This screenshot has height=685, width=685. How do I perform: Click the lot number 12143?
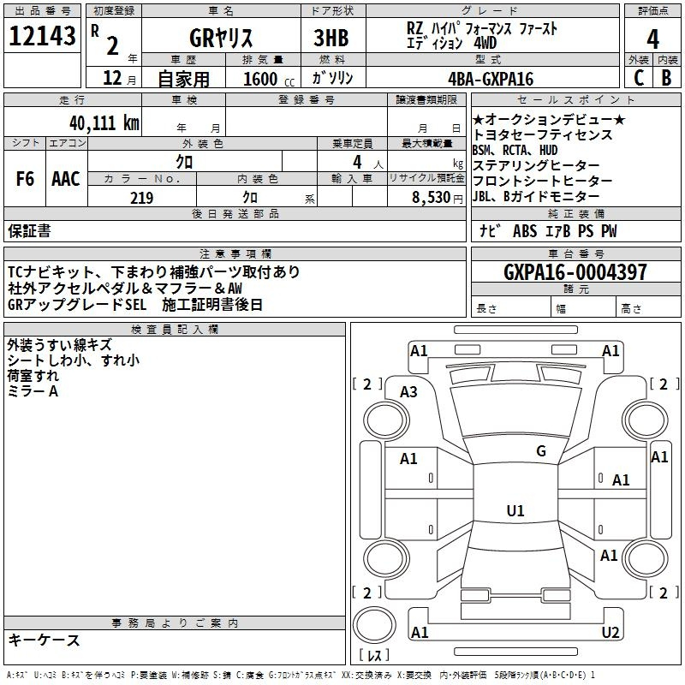click(x=42, y=36)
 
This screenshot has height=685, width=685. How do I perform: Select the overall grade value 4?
click(x=652, y=39)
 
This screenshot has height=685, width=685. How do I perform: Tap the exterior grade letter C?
click(x=639, y=78)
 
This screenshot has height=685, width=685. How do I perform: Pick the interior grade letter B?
click(x=666, y=78)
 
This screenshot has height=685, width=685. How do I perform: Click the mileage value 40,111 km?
click(x=104, y=123)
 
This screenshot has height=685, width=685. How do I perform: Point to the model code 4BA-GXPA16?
click(x=491, y=79)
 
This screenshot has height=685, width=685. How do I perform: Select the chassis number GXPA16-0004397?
click(x=575, y=271)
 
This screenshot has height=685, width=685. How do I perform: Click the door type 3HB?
click(x=331, y=38)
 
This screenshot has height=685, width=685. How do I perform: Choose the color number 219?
click(x=141, y=198)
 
